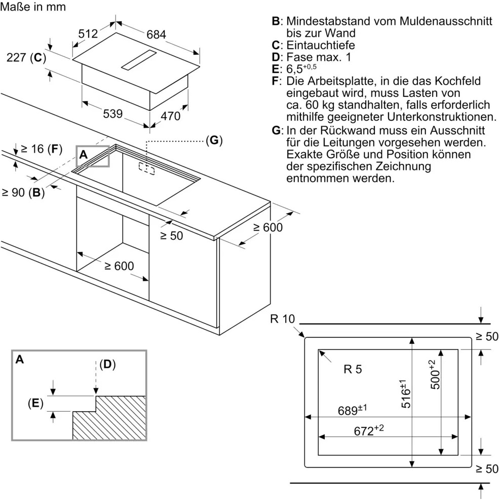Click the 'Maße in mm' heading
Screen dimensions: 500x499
pos(33,8)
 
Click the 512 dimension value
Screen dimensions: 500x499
pos(88,34)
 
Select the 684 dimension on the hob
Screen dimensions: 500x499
pos(156,34)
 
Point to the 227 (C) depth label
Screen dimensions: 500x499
pos(26,58)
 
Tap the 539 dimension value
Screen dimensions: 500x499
pos(112,114)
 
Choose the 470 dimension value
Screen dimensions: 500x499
pos(170,116)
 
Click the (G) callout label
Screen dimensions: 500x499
pos(214,140)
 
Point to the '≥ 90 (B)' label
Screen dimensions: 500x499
pos(23,193)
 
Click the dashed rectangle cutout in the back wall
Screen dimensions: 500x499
pos(147,169)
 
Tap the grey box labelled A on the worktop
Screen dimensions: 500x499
pos(93,156)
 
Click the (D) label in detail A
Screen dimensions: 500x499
pos(107,364)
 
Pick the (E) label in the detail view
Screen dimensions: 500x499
pos(35,403)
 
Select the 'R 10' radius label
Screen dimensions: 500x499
pos(282,319)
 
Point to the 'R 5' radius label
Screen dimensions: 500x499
pos(353,370)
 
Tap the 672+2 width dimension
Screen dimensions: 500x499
pos(369,431)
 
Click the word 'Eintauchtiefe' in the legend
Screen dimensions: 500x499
pos(321,45)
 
